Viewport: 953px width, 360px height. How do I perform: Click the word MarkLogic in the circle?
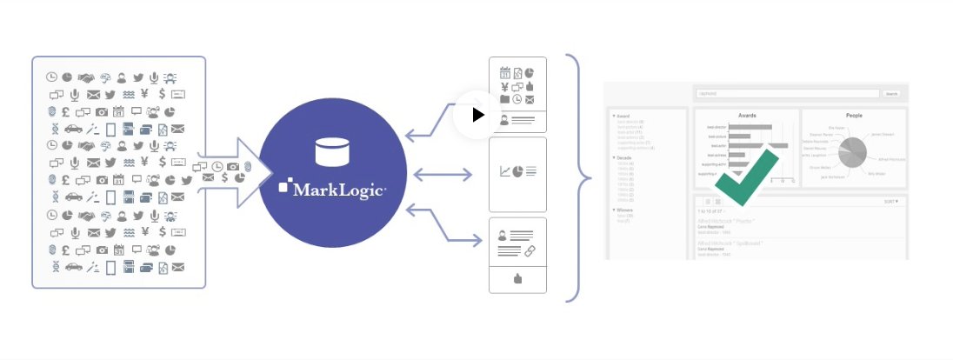click(x=337, y=187)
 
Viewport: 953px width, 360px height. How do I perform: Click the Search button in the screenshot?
click(x=892, y=94)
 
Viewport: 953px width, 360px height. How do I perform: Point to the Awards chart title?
click(x=747, y=115)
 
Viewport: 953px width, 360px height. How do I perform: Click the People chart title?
click(x=853, y=115)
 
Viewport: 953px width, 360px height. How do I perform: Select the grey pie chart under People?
click(x=850, y=150)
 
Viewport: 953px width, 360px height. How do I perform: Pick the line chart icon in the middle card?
click(x=504, y=171)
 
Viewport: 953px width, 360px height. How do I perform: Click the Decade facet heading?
click(x=623, y=158)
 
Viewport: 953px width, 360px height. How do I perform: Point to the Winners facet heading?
click(x=624, y=210)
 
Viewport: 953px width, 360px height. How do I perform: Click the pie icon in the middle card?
click(x=517, y=171)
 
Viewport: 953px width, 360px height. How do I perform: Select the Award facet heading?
click(x=622, y=116)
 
